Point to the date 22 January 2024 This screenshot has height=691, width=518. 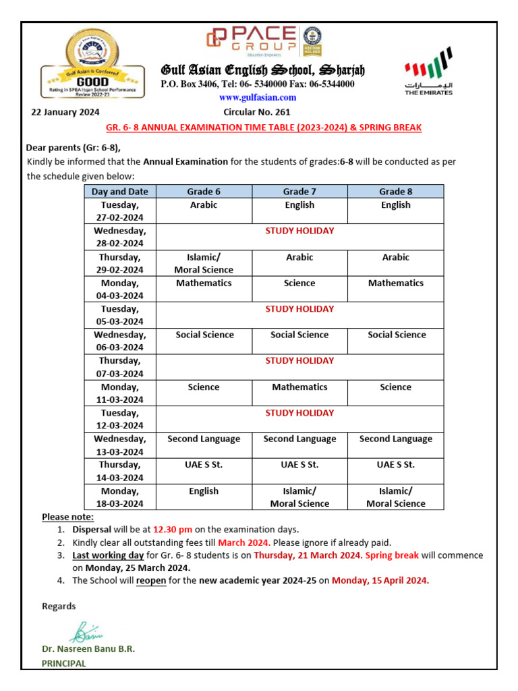pyautogui.click(x=65, y=112)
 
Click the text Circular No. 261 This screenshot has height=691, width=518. pyautogui.click(x=257, y=112)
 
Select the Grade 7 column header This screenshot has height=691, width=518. pyautogui.click(x=299, y=192)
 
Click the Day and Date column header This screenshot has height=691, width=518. pyautogui.click(x=119, y=192)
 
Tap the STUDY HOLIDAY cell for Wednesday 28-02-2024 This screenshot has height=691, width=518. pyautogui.click(x=299, y=231)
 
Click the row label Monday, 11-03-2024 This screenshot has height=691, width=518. pyautogui.click(x=119, y=393)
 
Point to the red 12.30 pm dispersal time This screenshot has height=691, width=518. pyautogui.click(x=173, y=530)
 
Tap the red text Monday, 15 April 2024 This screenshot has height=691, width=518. pyautogui.click(x=380, y=580)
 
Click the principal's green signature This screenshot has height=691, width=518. pyautogui.click(x=86, y=632)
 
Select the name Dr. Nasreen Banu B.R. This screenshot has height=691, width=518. pyautogui.click(x=88, y=648)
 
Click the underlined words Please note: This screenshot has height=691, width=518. pyautogui.click(x=65, y=517)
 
